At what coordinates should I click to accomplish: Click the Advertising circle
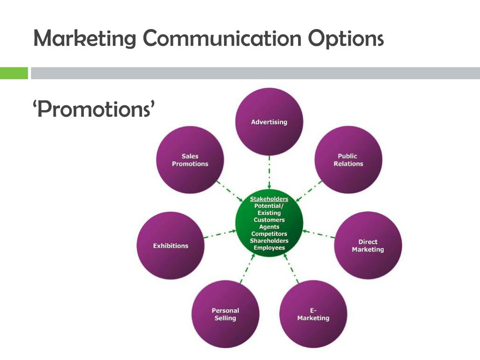269,122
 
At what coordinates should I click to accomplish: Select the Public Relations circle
348,160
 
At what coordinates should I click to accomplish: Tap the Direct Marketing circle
368,246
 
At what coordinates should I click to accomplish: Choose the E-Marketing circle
313,314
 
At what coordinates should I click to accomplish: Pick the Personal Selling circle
225,314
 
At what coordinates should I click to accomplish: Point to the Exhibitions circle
171,246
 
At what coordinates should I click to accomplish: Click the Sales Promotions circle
190,160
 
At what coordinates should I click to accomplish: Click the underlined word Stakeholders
269,199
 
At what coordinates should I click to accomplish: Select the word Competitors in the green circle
269,234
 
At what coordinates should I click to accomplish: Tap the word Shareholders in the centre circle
269,241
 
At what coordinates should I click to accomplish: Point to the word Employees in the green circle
269,247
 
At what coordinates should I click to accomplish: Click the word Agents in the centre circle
269,227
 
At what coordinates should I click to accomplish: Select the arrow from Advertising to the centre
269,173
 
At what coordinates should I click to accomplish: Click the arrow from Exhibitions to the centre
220,234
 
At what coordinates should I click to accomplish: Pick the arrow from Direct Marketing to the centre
319,234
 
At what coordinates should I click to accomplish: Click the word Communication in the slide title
222,38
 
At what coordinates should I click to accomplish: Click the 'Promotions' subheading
94,110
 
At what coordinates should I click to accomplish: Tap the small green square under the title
14,73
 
